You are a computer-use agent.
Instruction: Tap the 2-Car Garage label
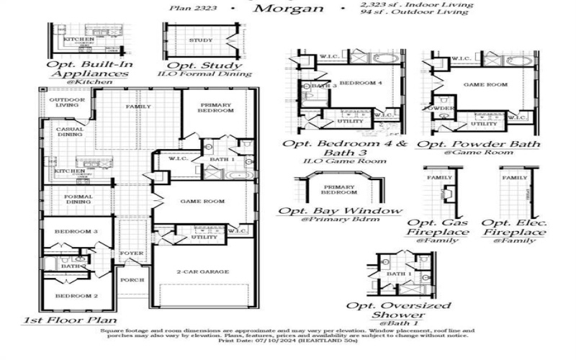click(203, 271)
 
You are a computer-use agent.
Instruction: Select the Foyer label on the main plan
click(132, 253)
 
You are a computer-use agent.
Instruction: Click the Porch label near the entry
click(132, 280)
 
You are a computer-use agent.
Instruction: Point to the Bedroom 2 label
click(76, 296)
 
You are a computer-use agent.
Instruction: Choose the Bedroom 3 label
click(76, 231)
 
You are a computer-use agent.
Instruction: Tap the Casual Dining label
click(69, 132)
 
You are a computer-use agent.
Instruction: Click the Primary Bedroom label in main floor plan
click(217, 107)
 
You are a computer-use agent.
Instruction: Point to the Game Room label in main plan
click(203, 202)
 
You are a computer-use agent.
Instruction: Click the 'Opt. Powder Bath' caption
click(480, 144)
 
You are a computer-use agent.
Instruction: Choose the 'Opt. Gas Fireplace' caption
click(438, 228)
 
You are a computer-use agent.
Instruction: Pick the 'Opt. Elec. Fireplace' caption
click(513, 228)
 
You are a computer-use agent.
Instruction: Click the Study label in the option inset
click(201, 40)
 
